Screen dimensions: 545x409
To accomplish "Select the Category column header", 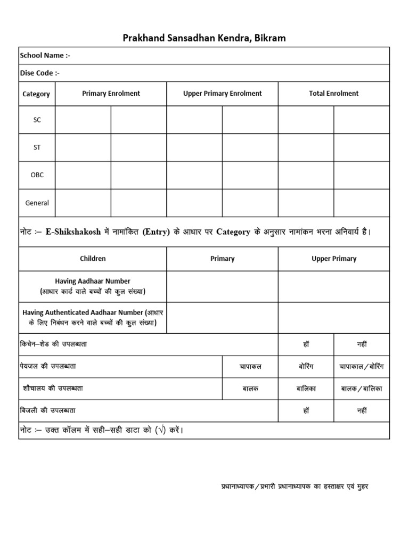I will tap(36, 94).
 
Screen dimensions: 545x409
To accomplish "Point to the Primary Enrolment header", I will tap(111, 93).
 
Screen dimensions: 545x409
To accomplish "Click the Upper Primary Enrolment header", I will tap(222, 93).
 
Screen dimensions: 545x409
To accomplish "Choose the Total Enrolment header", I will tap(333, 93).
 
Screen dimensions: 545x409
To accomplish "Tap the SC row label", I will tap(37, 120).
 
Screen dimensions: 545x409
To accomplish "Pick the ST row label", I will tap(37, 147).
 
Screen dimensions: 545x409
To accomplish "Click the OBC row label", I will tap(37, 175).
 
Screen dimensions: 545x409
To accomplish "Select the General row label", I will tap(37, 203).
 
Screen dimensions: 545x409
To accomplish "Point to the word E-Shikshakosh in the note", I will tap(72, 232).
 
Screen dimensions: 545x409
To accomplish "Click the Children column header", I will tap(93, 259).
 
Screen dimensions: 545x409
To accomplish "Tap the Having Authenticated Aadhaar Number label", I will tap(93, 318).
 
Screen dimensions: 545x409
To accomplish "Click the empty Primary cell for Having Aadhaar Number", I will tap(222, 286).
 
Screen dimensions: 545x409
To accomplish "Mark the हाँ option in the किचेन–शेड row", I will tap(306, 344).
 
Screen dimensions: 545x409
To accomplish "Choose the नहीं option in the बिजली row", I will tap(362, 411).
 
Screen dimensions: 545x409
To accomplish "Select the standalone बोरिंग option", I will tap(306, 367).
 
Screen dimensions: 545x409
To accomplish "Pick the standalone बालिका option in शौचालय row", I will tap(306, 389).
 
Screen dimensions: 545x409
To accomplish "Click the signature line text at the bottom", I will tap(295, 486).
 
